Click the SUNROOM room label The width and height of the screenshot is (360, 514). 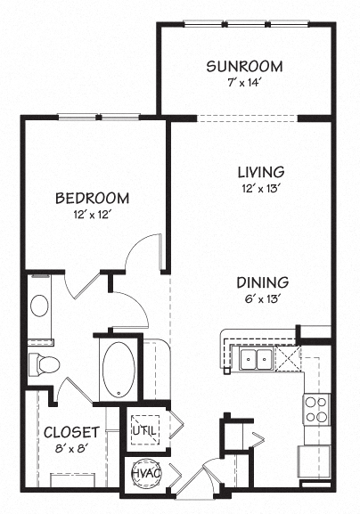(x=244, y=66)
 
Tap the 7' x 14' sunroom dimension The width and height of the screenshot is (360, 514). (x=244, y=82)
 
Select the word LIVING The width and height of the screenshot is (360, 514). (x=260, y=171)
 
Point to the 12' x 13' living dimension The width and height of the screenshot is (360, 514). (x=260, y=188)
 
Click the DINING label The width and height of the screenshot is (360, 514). (x=262, y=282)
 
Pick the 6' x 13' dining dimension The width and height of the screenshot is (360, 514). (x=262, y=298)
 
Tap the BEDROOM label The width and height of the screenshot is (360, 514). (x=92, y=198)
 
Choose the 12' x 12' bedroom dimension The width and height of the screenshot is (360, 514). (x=92, y=214)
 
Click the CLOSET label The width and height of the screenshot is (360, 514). (x=70, y=433)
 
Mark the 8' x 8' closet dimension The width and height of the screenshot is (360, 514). (x=70, y=450)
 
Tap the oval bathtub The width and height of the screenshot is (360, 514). (x=118, y=368)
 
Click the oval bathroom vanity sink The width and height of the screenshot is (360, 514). (x=40, y=305)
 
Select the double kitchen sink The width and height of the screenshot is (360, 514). (x=256, y=359)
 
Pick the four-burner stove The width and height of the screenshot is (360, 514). (x=316, y=408)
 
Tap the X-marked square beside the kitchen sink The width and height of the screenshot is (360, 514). (x=287, y=359)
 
